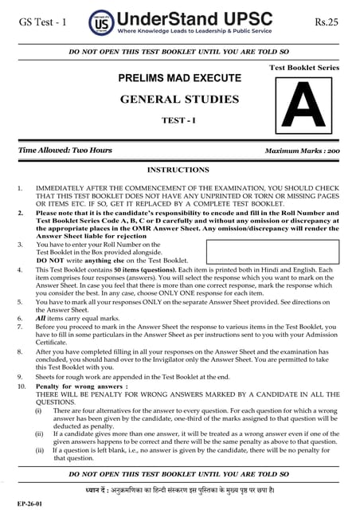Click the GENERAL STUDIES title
click(x=179, y=100)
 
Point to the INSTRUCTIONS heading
click(x=179, y=170)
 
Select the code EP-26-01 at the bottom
click(x=18, y=501)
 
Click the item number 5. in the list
click(x=19, y=304)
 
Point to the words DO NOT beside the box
click(x=50, y=261)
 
